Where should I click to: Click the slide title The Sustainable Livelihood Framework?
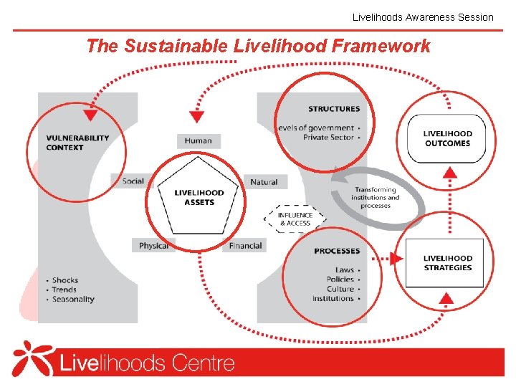[258, 47]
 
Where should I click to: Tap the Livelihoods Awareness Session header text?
[423, 16]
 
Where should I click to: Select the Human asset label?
[198, 140]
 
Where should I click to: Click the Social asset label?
[133, 181]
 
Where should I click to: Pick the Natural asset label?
[264, 182]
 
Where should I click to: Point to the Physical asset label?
[153, 246]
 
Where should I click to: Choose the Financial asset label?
[245, 246]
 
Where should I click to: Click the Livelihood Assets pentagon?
[199, 196]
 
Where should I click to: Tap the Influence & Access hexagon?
[296, 219]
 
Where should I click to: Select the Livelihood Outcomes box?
[447, 138]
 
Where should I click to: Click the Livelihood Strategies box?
[447, 263]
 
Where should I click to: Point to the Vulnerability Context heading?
[77, 143]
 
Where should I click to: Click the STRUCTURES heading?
[334, 109]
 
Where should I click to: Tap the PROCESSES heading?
[337, 251]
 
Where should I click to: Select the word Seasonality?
[73, 300]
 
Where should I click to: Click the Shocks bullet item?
[65, 280]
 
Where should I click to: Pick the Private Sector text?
[328, 137]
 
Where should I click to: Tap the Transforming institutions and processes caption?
[376, 198]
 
